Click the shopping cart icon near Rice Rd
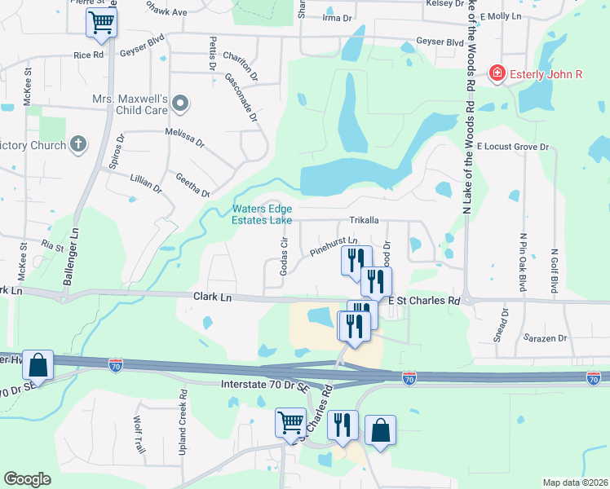point(101,23)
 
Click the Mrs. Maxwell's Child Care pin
point(180,104)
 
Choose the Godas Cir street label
point(285,256)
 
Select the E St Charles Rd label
point(424,301)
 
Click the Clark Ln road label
point(213,297)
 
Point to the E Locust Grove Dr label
point(513,147)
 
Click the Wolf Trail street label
point(139,433)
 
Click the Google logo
point(27,479)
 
